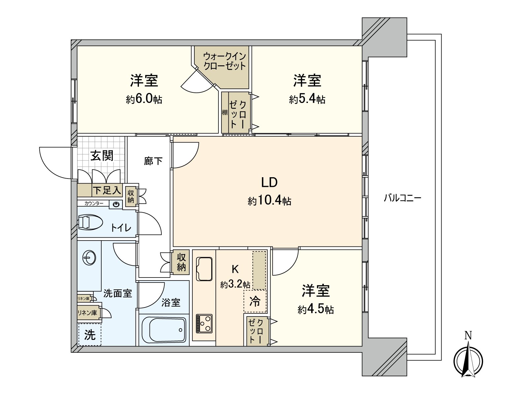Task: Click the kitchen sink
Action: tap(204, 269)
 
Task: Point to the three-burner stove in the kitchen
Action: tap(204, 323)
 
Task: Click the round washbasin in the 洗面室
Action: tap(89, 257)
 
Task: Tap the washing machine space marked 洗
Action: tap(89, 335)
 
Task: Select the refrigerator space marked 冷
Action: tap(255, 301)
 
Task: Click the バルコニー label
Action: tap(402, 198)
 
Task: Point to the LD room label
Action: tap(269, 182)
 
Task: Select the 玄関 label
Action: tap(102, 156)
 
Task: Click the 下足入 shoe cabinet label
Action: tap(107, 190)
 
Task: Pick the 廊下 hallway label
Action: tap(153, 161)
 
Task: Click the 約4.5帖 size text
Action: tap(315, 309)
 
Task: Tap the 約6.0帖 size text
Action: tap(144, 99)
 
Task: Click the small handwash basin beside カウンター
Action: tap(116, 205)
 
